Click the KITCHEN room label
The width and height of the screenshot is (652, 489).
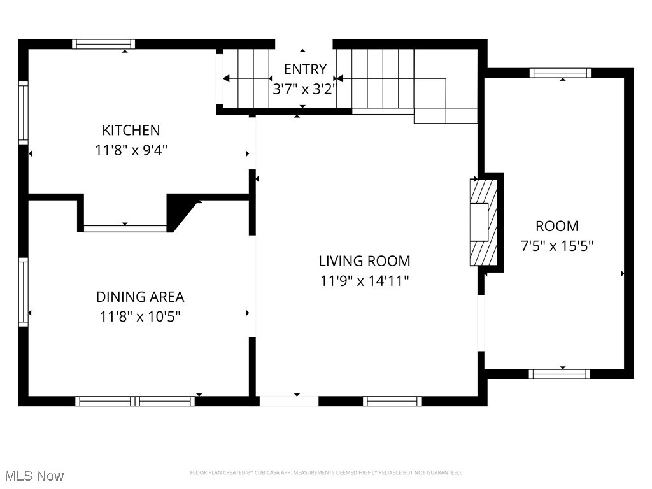[x=131, y=131]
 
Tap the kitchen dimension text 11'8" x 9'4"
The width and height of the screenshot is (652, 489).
[x=131, y=150]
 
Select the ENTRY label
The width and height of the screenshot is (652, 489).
[x=305, y=69]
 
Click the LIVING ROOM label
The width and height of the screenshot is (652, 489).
[x=364, y=260]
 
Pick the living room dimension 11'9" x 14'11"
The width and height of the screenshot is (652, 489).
[x=364, y=280]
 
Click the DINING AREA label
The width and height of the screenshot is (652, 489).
[x=140, y=297]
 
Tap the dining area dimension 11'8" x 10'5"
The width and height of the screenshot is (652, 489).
[x=140, y=316]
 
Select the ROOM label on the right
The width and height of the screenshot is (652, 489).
[x=557, y=226]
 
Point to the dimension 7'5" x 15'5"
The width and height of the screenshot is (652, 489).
[x=557, y=246]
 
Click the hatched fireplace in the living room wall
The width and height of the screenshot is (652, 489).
[x=483, y=222]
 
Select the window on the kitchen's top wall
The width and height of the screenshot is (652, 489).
[x=103, y=44]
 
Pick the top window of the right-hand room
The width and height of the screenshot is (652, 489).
[x=560, y=73]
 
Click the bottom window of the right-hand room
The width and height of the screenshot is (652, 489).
[x=560, y=374]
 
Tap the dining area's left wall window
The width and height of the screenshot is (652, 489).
[x=24, y=292]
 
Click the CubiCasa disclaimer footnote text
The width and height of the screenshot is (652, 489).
[x=326, y=472]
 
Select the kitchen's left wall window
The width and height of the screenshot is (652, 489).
[x=24, y=112]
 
